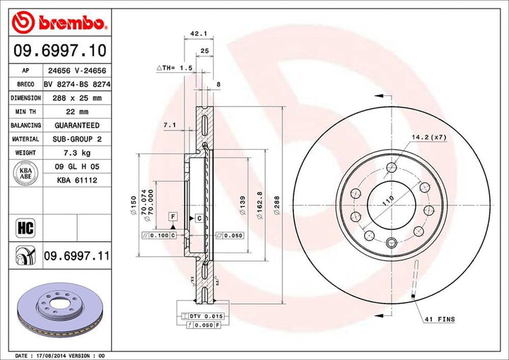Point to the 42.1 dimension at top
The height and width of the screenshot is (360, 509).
tap(199, 32)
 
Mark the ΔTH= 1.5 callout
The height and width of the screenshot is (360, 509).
tap(175, 67)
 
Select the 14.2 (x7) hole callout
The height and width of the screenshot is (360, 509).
tap(428, 137)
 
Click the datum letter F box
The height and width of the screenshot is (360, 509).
tap(172, 214)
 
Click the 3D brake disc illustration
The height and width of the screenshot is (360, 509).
tap(58, 310)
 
